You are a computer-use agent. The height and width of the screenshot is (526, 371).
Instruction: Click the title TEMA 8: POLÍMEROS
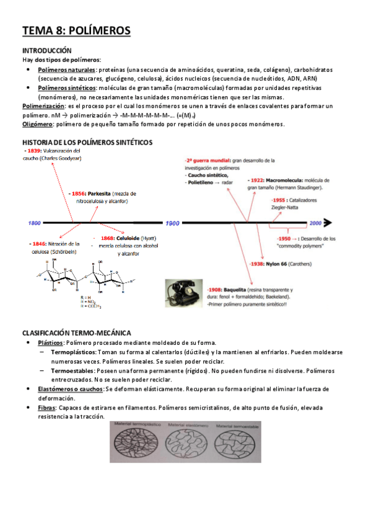(76, 30)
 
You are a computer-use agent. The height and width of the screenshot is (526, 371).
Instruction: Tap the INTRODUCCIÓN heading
(46, 50)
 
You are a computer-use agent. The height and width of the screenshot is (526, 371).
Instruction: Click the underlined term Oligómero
(37, 124)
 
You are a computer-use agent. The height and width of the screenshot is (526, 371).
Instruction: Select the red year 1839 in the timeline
(33, 151)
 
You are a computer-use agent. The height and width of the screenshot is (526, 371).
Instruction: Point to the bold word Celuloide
(125, 238)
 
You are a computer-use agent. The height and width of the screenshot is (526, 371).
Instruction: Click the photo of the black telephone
(184, 290)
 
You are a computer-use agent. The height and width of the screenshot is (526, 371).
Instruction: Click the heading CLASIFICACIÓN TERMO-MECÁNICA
(76, 333)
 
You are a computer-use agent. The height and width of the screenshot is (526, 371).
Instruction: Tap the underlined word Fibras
(46, 408)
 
